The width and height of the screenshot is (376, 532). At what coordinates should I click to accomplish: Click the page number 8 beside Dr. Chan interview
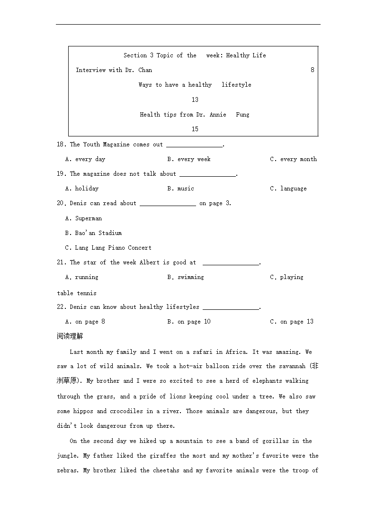pos(313,70)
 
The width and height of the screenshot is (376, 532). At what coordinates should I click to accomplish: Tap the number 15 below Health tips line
pos(195,129)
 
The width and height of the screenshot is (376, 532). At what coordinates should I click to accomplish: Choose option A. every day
pos(85,159)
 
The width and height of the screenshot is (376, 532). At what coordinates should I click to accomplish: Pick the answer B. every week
pos(189,159)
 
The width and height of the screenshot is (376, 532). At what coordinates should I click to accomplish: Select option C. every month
pos(293,159)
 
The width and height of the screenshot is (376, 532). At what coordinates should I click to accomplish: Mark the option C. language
pos(288,189)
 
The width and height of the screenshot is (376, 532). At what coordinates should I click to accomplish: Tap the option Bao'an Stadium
pos(94,233)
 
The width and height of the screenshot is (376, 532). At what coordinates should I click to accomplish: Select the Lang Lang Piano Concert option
pos(108,248)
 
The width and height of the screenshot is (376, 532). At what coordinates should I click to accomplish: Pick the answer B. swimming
pos(185,277)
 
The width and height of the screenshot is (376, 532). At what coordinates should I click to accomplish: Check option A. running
pos(82,277)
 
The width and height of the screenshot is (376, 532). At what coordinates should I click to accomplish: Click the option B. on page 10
pos(189,322)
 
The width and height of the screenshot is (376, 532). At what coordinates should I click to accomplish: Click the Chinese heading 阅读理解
pos(70,336)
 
